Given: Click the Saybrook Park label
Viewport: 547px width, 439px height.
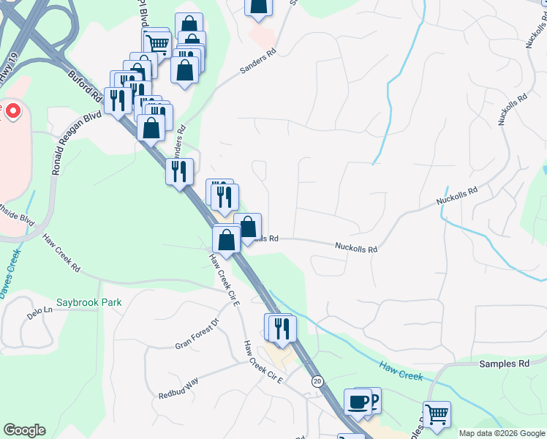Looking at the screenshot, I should coord(89,302).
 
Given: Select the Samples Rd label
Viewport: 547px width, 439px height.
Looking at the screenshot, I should coord(504,364).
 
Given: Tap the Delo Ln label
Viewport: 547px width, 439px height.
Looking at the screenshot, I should coord(40,310).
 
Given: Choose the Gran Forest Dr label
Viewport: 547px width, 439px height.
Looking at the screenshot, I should coord(197,334).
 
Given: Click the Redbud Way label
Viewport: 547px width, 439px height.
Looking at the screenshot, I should coord(178,389).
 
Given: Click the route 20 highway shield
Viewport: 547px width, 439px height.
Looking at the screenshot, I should coord(317,381).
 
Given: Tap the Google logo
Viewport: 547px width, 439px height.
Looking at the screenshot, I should coord(24,430).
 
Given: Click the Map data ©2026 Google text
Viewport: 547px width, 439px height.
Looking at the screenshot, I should coord(501,433).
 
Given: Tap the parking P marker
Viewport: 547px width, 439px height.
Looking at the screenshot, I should coord(373,399).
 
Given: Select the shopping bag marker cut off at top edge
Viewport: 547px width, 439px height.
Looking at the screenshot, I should coord(258,6).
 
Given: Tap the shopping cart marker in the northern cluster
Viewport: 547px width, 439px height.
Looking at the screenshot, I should coord(156,43).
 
